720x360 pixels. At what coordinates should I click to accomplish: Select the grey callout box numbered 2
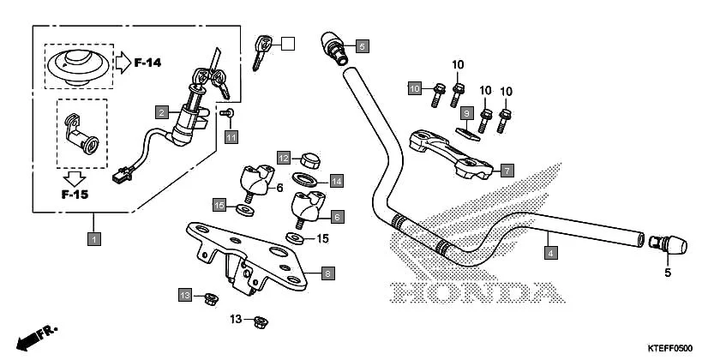tap(160, 111)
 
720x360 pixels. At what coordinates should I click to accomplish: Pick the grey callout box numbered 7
tap(507, 170)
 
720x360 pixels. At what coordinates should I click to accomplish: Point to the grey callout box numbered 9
tap(466, 112)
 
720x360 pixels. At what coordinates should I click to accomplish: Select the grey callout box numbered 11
tap(231, 136)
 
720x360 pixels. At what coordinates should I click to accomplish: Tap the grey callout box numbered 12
tap(284, 157)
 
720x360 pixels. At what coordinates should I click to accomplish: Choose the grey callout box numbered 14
tap(337, 181)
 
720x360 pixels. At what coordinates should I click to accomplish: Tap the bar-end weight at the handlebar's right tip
tap(671, 245)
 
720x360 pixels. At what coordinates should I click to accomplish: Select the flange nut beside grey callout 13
tap(208, 297)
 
